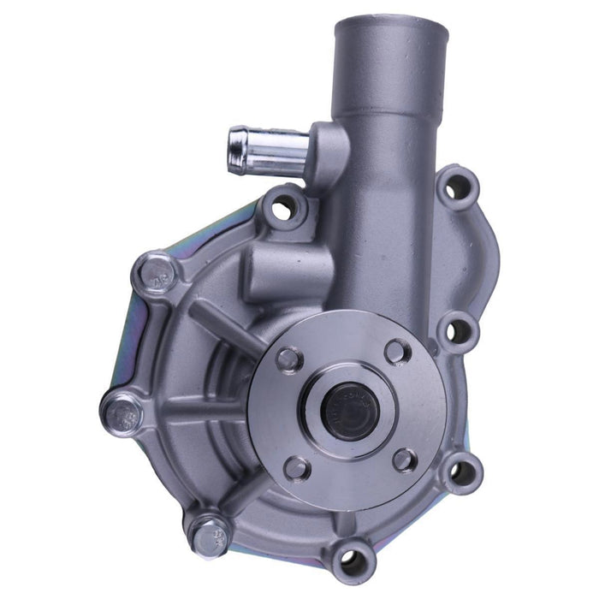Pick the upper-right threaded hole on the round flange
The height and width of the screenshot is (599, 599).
(397, 351)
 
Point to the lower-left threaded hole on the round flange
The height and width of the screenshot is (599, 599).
(296, 468)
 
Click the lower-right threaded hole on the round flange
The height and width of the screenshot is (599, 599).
(405, 460)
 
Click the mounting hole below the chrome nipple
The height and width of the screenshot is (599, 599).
(283, 207)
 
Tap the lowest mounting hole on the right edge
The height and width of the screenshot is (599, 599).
(462, 469)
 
